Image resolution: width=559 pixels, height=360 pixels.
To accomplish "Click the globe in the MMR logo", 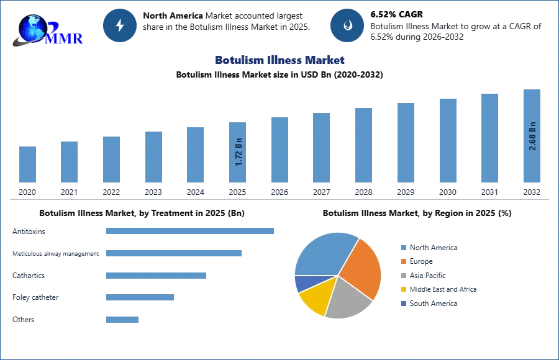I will point(32,27).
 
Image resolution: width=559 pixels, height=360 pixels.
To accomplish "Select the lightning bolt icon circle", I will point(120,25).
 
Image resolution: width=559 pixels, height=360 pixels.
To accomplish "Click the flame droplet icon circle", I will point(347,25).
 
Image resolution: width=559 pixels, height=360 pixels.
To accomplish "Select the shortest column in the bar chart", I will point(27,164).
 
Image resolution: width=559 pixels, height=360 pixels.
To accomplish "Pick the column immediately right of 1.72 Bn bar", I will point(278,149).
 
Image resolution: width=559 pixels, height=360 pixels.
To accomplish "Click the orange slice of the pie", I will point(360,267).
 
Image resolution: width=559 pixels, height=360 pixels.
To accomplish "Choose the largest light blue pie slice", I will point(323,253).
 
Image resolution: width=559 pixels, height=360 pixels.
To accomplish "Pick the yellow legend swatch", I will point(402,289).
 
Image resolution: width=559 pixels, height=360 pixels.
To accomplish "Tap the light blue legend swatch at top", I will point(402,248).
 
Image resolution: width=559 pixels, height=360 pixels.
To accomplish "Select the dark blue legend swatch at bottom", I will point(402,303).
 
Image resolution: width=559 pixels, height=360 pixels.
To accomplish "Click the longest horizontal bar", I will point(191,231).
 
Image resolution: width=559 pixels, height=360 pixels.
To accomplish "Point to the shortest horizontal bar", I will point(122,318).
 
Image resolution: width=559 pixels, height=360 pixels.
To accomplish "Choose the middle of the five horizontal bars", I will point(156,275).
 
